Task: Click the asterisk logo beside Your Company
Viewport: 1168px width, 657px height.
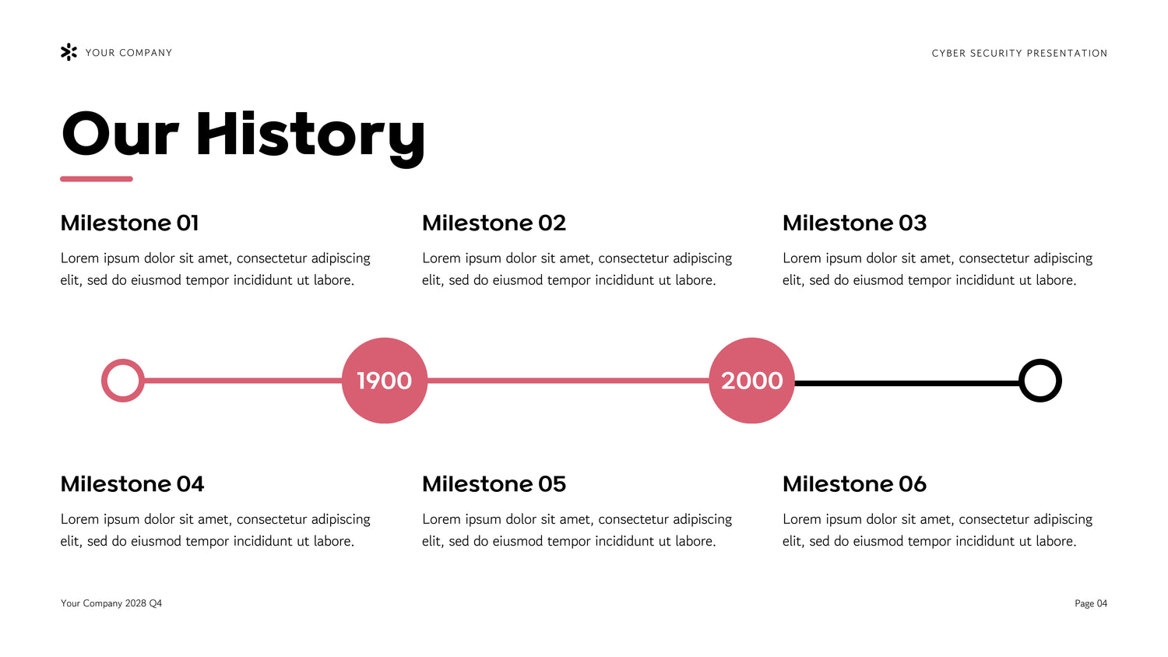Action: coord(69,52)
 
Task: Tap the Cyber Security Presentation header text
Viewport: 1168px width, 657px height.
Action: coord(1019,53)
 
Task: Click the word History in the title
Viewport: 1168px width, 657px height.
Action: coord(311,136)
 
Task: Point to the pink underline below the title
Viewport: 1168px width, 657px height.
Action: coord(97,179)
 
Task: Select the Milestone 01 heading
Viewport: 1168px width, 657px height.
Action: coord(129,223)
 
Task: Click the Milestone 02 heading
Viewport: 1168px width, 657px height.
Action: coord(494,223)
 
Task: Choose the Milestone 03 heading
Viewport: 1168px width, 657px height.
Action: coord(855,223)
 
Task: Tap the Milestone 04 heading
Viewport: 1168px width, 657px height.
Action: coord(132,484)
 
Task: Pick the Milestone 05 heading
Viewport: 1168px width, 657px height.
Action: coord(494,484)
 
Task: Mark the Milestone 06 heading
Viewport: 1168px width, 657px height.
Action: coord(855,484)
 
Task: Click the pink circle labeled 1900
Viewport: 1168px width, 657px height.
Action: coord(385,381)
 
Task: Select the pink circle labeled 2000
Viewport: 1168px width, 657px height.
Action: coord(751,381)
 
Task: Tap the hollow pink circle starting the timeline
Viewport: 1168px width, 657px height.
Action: coord(104,381)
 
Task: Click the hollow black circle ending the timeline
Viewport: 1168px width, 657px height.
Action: coord(1021,381)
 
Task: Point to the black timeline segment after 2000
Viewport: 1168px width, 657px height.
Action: coord(907,383)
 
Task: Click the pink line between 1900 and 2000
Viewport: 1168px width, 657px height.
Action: coord(568,381)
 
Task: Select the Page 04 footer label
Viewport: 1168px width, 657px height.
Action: coord(1091,603)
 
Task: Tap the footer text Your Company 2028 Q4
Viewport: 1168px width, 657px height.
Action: coord(111,603)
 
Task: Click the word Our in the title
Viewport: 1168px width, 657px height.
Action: coord(121,134)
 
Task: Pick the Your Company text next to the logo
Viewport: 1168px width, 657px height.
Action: coord(128,53)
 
